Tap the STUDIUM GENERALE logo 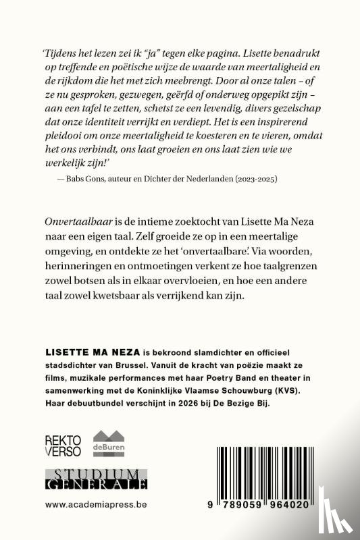click(91, 479)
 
